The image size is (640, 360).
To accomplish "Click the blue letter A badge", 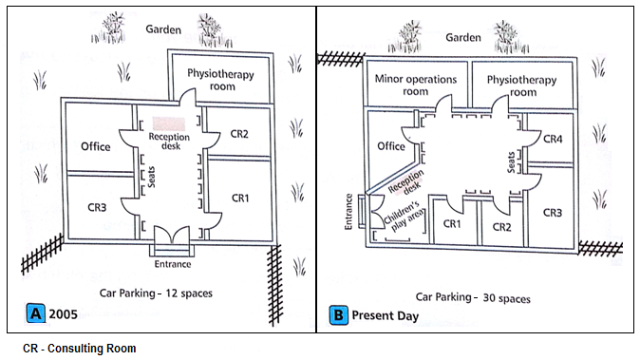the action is pyautogui.click(x=35, y=313).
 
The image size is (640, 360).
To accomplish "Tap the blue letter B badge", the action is pyautogui.click(x=338, y=315).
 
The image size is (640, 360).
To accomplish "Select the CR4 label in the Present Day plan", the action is pyautogui.click(x=553, y=140).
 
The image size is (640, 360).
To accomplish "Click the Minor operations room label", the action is pyautogui.click(x=416, y=85).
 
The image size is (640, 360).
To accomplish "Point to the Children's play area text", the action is pyautogui.click(x=405, y=216).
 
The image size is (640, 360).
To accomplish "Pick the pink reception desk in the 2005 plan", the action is pyautogui.click(x=169, y=123).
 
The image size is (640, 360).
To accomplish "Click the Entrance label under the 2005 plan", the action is pyautogui.click(x=173, y=264).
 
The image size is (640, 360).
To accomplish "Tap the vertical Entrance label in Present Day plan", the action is pyautogui.click(x=348, y=212).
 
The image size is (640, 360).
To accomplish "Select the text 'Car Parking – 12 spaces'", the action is pyautogui.click(x=156, y=294).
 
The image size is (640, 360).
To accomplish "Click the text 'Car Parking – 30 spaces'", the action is pyautogui.click(x=473, y=297).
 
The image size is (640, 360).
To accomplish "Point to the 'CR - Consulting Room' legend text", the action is pyautogui.click(x=79, y=349).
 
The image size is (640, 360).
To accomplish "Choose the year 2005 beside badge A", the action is pyautogui.click(x=63, y=313).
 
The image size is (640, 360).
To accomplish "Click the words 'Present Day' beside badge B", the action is pyautogui.click(x=385, y=315).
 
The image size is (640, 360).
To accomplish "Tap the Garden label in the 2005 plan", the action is pyautogui.click(x=163, y=29).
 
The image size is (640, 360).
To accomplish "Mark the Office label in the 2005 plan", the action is pyautogui.click(x=96, y=146).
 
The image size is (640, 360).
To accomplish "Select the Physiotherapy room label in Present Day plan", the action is pyautogui.click(x=522, y=85).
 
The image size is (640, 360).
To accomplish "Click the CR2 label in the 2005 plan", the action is pyautogui.click(x=239, y=134).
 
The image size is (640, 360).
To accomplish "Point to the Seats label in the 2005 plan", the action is pyautogui.click(x=151, y=177).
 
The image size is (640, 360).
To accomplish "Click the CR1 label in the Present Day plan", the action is pyautogui.click(x=452, y=223).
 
